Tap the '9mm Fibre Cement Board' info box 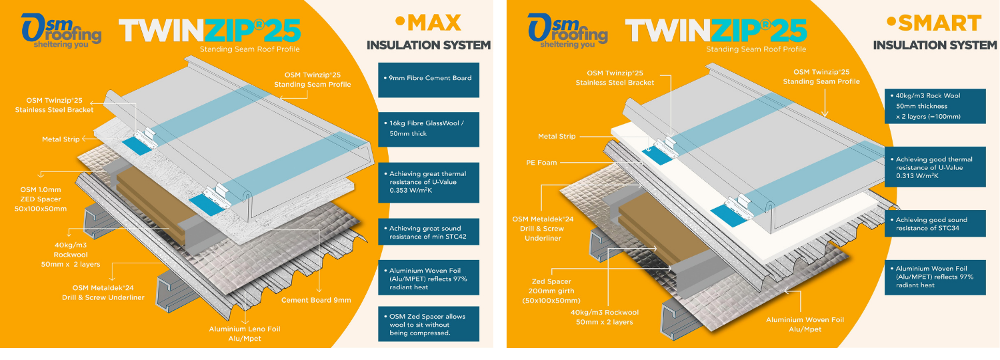pos(429,78)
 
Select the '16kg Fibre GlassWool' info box pos(429,129)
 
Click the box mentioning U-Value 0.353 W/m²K pos(429,183)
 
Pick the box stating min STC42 pos(429,233)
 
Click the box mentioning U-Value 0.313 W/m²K pos(935,168)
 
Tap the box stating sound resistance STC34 pos(935,224)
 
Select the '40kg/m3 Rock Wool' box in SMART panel pos(935,106)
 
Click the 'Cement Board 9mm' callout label pos(316,300)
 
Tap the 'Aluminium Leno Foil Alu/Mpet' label pos(235,334)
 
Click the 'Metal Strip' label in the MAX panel pos(61,139)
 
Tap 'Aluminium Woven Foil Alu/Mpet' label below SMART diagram pos(805,325)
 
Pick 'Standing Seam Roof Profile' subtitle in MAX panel pos(249,49)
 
